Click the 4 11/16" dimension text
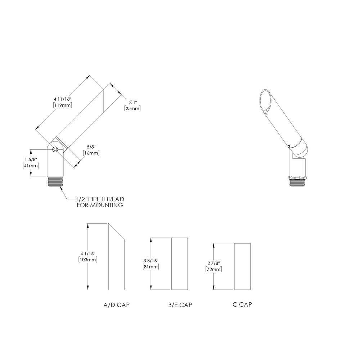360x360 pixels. click(x=62, y=99)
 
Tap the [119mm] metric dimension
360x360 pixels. click(x=62, y=105)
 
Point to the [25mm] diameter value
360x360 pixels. click(x=132, y=108)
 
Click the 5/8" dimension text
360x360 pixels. click(x=91, y=147)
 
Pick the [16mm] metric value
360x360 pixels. click(x=91, y=153)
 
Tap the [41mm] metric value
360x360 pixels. click(x=31, y=165)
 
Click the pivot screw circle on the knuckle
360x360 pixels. click(x=55, y=150)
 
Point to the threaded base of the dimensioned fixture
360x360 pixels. click(x=55, y=181)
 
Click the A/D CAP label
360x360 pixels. click(x=116, y=305)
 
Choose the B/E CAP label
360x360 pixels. click(x=180, y=305)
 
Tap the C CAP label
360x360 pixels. click(x=242, y=305)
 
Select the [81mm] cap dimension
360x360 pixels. click(x=151, y=266)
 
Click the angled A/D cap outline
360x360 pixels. click(x=116, y=259)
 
